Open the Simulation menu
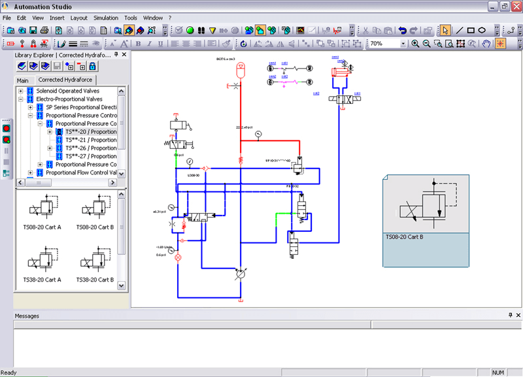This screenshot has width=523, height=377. [106, 18]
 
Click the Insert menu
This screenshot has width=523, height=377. [57, 18]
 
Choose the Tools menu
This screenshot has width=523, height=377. [131, 18]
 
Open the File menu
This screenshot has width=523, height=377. [7, 18]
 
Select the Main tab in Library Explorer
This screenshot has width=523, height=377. [23, 80]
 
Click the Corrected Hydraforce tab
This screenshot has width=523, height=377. [65, 80]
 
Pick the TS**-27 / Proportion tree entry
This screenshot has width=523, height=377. [91, 156]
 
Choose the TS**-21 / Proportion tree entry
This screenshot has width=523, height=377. [91, 140]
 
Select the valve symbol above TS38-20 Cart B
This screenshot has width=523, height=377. [95, 262]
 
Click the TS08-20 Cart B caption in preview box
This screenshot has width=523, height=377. [405, 237]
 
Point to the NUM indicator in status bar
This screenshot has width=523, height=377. [498, 372]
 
